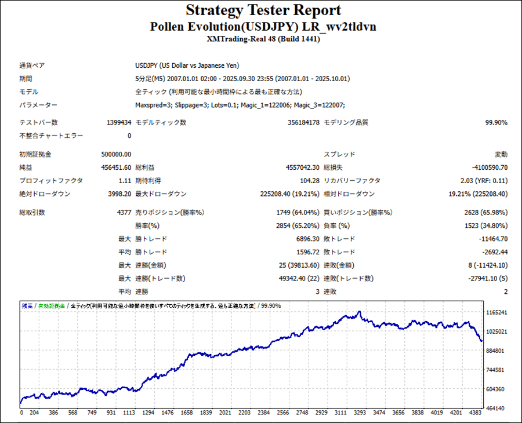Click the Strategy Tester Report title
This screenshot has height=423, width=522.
[x=263, y=10]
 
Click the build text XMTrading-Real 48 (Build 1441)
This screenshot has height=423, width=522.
[x=263, y=39]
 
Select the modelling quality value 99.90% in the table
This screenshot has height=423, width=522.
[x=496, y=123]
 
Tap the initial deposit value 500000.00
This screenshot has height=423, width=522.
[x=116, y=155]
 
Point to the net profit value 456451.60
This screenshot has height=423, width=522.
[x=116, y=167]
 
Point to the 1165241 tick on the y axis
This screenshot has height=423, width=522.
[x=497, y=313]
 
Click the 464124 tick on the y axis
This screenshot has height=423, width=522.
[x=497, y=408]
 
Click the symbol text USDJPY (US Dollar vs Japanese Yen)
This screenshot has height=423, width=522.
[x=187, y=66]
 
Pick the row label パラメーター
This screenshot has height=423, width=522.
[x=38, y=105]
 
